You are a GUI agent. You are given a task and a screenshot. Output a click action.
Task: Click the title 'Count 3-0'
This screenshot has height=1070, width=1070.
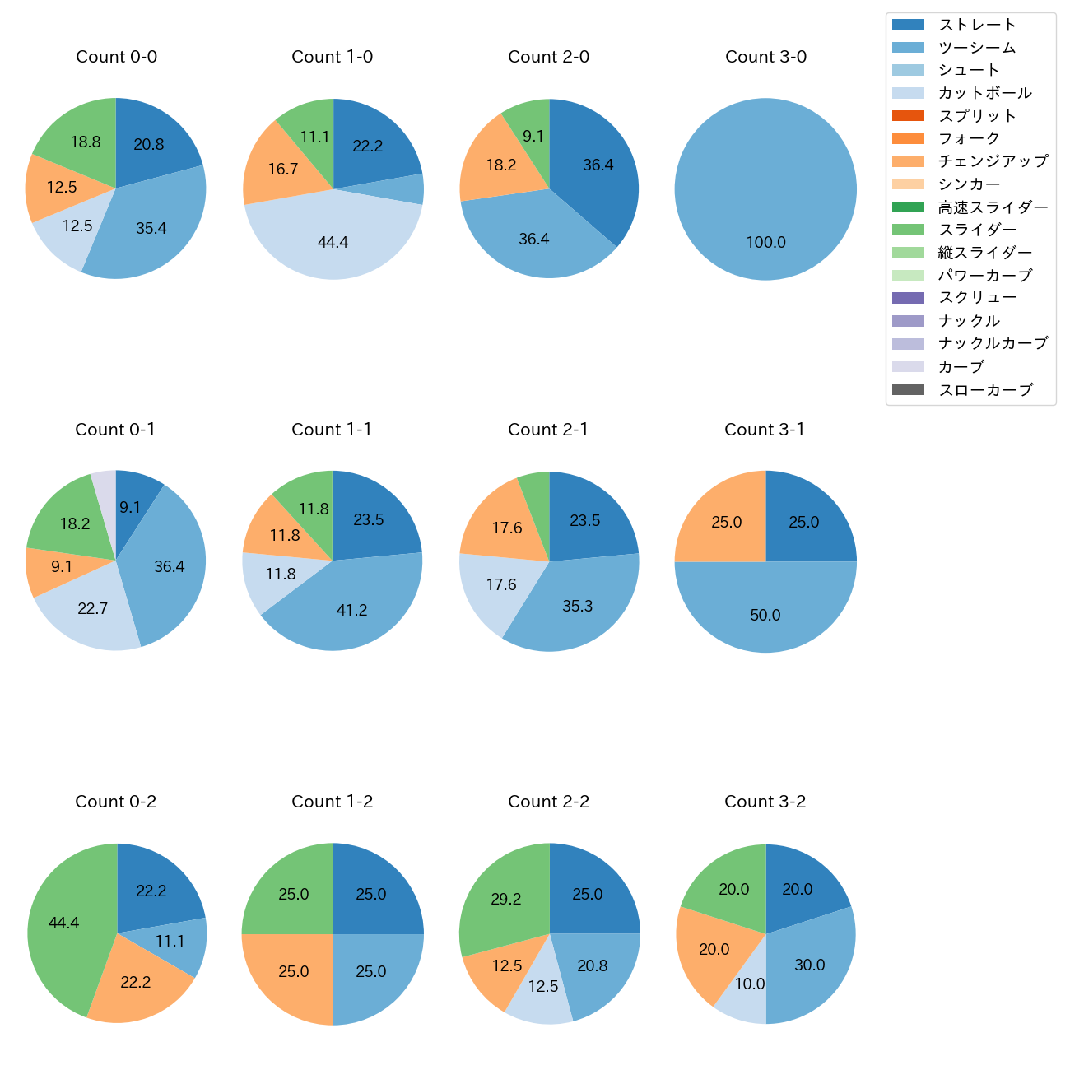tap(765, 57)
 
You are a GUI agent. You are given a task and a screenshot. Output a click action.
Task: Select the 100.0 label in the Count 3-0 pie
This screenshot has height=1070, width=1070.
tap(765, 242)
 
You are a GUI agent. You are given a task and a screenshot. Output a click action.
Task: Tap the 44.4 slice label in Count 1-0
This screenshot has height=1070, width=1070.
tap(333, 242)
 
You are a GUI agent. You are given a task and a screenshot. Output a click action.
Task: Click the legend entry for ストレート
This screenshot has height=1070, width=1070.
tap(977, 25)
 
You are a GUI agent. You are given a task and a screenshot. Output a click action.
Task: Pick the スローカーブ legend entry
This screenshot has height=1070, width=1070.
tap(985, 390)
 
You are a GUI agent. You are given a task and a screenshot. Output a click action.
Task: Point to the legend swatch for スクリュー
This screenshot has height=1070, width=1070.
tap(908, 298)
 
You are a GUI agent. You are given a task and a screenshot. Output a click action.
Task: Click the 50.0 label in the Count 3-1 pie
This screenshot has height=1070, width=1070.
tap(765, 615)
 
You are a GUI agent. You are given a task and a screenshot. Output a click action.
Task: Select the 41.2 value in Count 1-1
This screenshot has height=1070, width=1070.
tap(351, 610)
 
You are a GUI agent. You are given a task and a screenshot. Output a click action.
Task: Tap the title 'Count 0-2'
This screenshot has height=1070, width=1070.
tap(116, 802)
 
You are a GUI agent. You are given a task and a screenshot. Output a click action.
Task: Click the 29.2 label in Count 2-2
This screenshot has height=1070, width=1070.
tap(505, 899)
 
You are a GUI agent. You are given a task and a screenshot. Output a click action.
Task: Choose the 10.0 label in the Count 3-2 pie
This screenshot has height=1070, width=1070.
tap(749, 984)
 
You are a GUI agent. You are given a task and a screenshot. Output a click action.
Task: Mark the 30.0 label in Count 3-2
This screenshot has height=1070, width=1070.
tap(809, 965)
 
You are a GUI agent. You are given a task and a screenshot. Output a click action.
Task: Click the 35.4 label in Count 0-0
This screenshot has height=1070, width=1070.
tap(151, 228)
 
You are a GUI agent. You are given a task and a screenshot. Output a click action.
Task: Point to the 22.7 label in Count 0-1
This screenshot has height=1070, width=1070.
tap(92, 608)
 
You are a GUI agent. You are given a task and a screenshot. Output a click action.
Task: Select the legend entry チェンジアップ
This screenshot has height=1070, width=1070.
tap(993, 161)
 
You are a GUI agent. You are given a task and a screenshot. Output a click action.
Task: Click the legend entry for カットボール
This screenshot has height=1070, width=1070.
tap(984, 93)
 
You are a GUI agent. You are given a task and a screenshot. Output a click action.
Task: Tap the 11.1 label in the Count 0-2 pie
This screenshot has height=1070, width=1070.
tap(170, 941)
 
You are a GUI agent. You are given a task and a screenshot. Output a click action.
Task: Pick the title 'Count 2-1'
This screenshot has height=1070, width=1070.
tap(548, 430)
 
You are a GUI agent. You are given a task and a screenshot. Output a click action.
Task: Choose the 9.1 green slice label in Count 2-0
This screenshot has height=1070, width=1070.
tap(533, 136)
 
